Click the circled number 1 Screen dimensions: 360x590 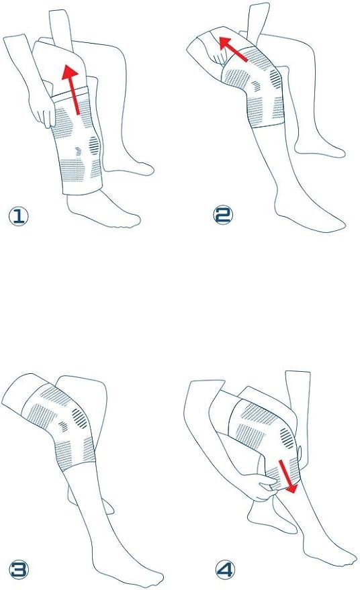click(x=18, y=216)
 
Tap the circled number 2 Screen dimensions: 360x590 click(x=223, y=215)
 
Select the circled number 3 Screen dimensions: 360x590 click(x=19, y=569)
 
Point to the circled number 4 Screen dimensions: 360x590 click(x=225, y=569)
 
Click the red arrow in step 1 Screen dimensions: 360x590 click(x=73, y=89)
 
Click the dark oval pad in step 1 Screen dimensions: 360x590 click(x=93, y=145)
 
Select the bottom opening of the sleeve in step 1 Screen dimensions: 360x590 click(x=83, y=190)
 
